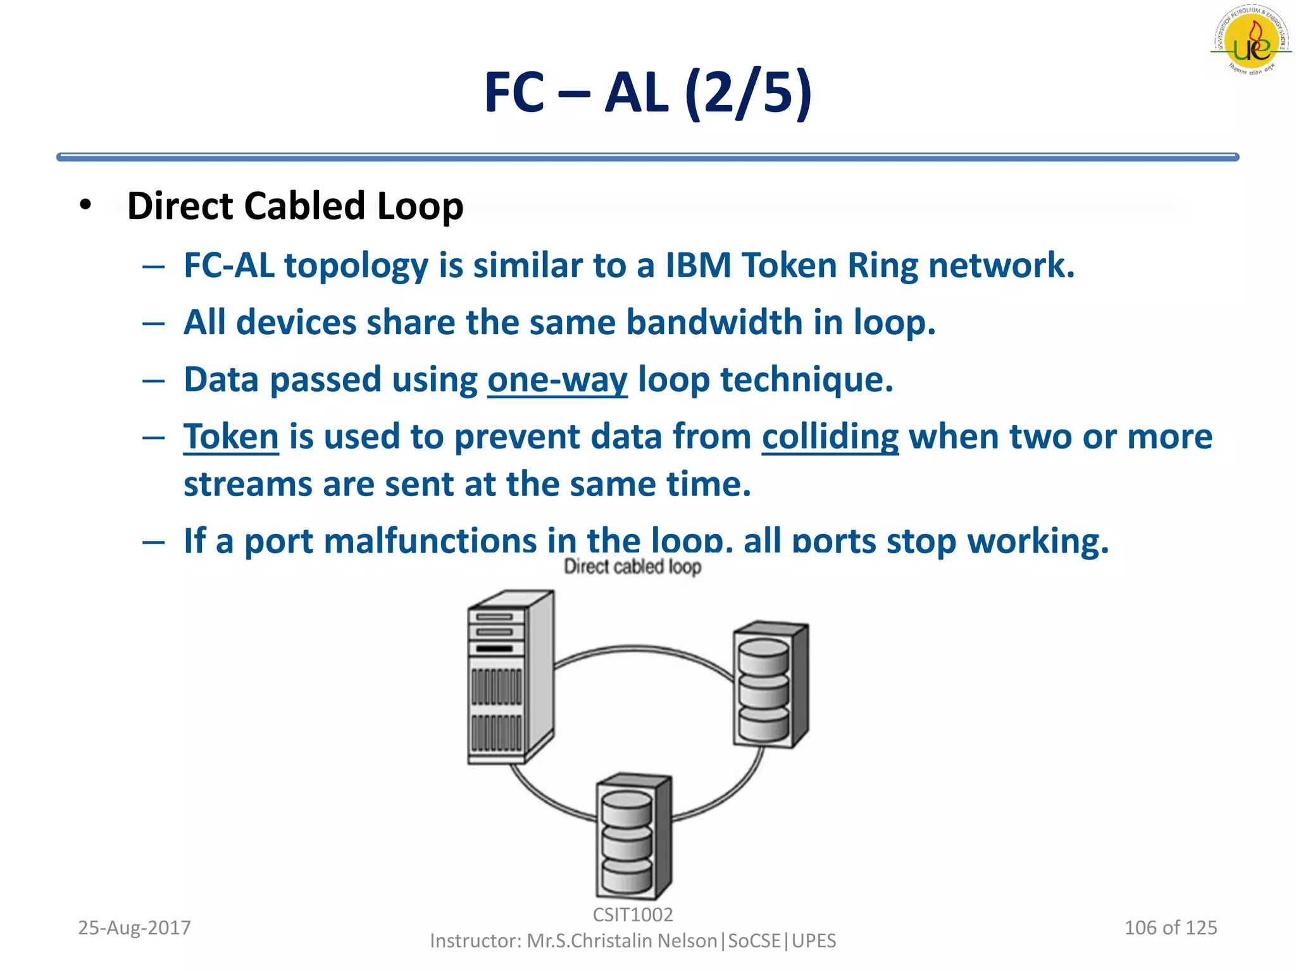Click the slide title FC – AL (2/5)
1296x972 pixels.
[x=647, y=93]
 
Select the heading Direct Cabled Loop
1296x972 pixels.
[x=295, y=206]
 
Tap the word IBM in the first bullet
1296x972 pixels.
[x=698, y=265]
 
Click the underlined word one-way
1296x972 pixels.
[x=557, y=380]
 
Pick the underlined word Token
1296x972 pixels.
[x=231, y=437]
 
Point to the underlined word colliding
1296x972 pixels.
[x=830, y=437]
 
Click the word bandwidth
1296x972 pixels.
[x=714, y=322]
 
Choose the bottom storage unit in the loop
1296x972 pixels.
[x=633, y=835]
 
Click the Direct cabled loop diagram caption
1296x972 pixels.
[x=632, y=566]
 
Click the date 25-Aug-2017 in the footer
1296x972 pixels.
[x=134, y=928]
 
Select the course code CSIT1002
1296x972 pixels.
[x=632, y=914]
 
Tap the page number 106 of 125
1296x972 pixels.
[x=1170, y=928]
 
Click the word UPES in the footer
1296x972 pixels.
[x=814, y=941]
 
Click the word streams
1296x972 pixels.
[x=247, y=485]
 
